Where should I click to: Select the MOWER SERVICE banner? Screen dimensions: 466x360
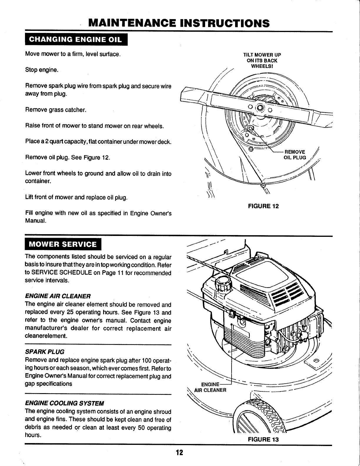point(63,244)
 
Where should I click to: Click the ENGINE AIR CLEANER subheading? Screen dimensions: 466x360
point(58,296)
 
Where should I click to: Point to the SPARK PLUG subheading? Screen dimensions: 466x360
point(45,352)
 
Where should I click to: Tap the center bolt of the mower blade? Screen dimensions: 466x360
point(260,107)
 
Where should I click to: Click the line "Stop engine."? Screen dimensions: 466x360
point(42,70)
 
